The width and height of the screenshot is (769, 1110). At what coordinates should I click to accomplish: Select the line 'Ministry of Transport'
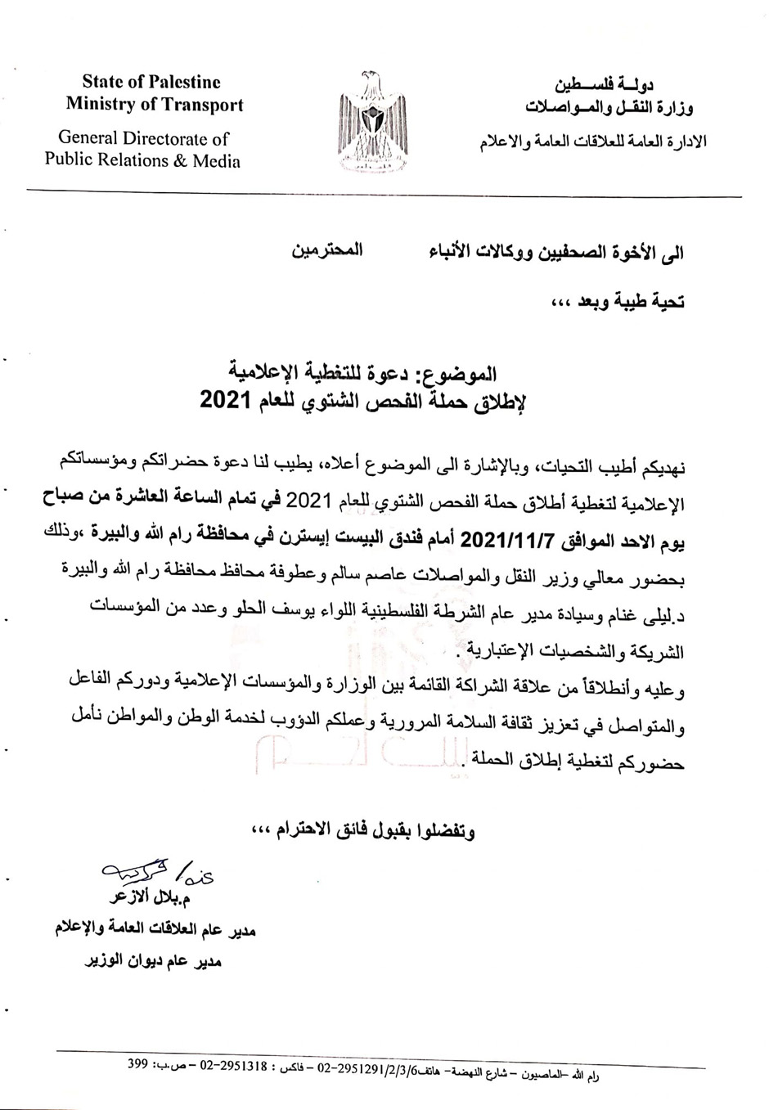[x=155, y=105]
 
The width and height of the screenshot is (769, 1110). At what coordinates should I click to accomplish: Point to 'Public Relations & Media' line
[x=142, y=160]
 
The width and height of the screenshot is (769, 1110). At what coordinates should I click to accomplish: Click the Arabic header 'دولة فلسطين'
[x=603, y=84]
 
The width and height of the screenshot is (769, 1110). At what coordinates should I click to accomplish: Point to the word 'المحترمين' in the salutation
[x=327, y=250]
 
